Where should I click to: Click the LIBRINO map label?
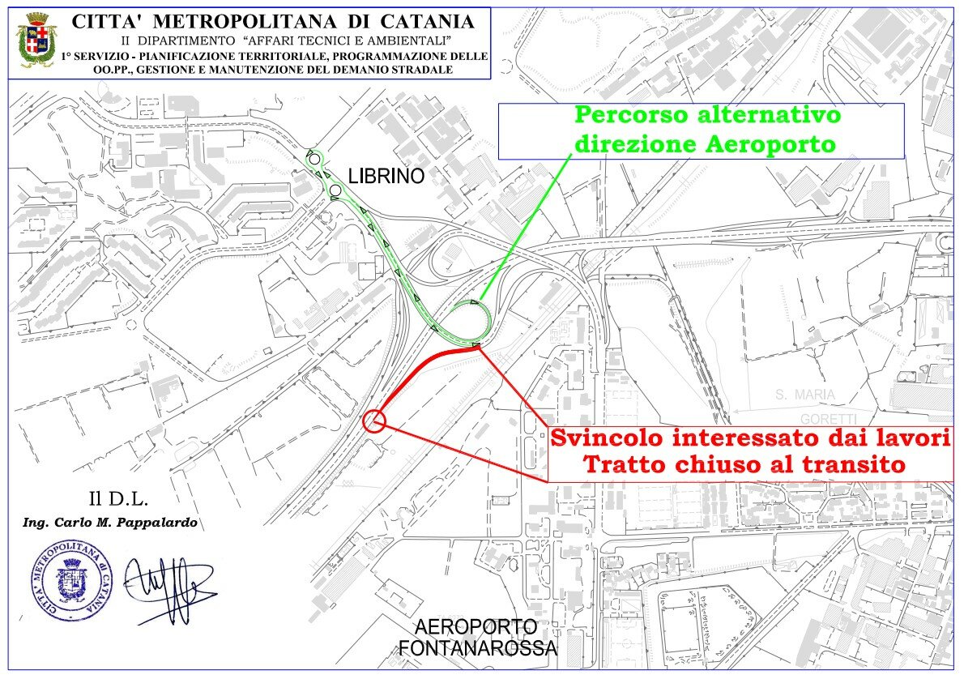[386, 176]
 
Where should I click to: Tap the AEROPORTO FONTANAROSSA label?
[478, 637]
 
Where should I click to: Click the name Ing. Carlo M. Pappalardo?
[110, 523]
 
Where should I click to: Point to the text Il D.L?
[118, 499]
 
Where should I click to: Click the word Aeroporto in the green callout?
[770, 144]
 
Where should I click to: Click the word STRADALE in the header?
[423, 70]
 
